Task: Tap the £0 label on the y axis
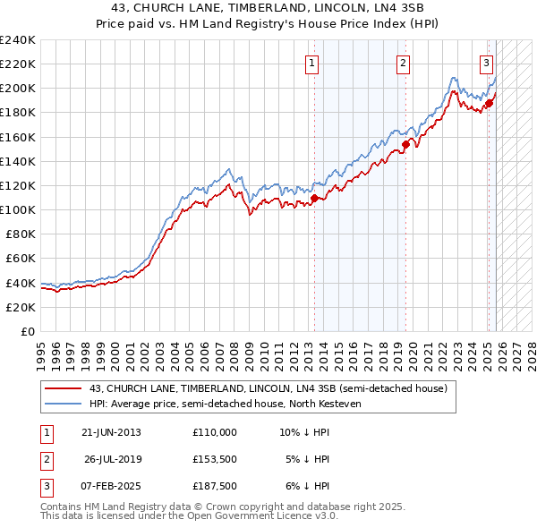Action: (x=27, y=331)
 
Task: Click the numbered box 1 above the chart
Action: (x=311, y=63)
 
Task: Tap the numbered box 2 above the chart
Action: (x=404, y=63)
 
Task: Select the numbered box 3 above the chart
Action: (x=486, y=63)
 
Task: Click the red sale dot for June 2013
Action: (x=315, y=198)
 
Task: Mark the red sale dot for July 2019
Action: (x=405, y=144)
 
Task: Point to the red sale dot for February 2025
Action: (x=489, y=103)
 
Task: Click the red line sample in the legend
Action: (x=64, y=389)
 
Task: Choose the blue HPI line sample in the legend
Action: (x=64, y=405)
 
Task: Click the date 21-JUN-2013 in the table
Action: (x=111, y=432)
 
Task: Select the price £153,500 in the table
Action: (x=215, y=459)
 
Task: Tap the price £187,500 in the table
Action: (x=215, y=486)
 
